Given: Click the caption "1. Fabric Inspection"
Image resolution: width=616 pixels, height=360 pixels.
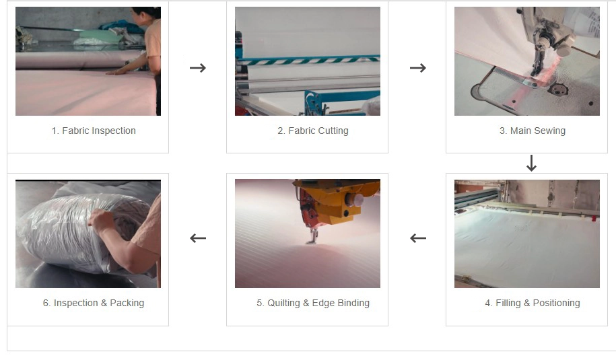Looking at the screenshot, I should pyautogui.click(x=94, y=131).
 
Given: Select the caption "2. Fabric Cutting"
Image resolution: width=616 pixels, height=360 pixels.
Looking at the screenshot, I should pyautogui.click(x=313, y=131).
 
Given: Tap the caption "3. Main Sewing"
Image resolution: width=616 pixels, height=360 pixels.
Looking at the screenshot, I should pyautogui.click(x=533, y=131).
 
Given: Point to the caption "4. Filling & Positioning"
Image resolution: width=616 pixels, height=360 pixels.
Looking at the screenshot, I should pyautogui.click(x=533, y=303).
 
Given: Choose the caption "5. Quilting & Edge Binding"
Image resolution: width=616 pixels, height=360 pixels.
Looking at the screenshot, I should pyautogui.click(x=313, y=303).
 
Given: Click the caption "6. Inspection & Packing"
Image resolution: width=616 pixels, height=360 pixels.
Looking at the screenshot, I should pyautogui.click(x=94, y=303).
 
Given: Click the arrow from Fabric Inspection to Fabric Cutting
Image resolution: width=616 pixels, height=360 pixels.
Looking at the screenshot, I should pyautogui.click(x=198, y=68).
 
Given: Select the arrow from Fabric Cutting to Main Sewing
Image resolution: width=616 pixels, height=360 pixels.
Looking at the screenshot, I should pyautogui.click(x=418, y=68).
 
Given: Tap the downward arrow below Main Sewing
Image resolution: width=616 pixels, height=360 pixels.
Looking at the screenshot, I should pyautogui.click(x=532, y=164).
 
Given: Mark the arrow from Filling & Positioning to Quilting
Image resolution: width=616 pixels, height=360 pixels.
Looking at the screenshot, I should pyautogui.click(x=418, y=238).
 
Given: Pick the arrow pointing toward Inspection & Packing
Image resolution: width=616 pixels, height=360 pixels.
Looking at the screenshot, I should pyautogui.click(x=198, y=238).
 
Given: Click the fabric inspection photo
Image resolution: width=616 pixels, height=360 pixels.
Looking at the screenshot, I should pyautogui.click(x=88, y=61).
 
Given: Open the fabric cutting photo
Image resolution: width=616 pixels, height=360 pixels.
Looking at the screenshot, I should pyautogui.click(x=308, y=61).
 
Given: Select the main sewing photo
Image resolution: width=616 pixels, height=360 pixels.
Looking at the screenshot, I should pyautogui.click(x=527, y=61).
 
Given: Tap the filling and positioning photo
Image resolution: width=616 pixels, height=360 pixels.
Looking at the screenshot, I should pyautogui.click(x=527, y=233).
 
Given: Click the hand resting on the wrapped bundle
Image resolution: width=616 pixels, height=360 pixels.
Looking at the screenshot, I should pyautogui.click(x=103, y=221).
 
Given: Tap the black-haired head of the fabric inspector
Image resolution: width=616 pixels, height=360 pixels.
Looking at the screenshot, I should pyautogui.click(x=148, y=13).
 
